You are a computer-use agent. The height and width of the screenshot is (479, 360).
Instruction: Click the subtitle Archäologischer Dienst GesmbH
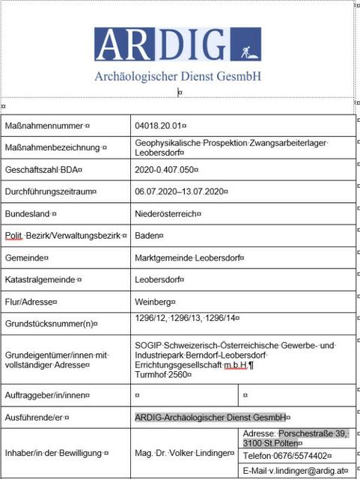point(177,76)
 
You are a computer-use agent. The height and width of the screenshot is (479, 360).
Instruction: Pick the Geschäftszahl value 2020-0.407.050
point(165,170)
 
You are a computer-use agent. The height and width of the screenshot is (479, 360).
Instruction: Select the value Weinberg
point(153,302)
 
